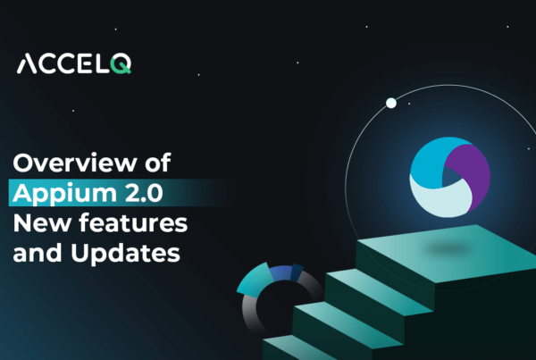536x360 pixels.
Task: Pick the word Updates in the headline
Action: (x=130, y=253)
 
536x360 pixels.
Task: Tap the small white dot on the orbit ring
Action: (x=390, y=104)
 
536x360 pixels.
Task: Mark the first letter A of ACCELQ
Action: (x=28, y=65)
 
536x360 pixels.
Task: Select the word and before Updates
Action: (x=37, y=253)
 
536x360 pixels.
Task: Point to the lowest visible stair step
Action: (x=286, y=351)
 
